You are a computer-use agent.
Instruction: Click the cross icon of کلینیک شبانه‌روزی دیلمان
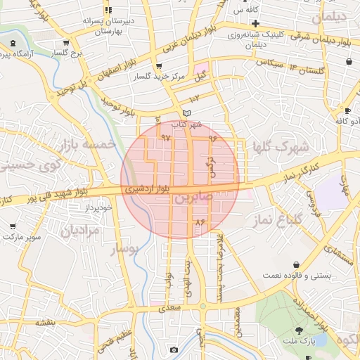click(x=256, y=24)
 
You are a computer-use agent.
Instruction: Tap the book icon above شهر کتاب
click(x=186, y=112)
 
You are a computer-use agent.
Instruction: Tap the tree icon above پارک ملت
click(x=300, y=330)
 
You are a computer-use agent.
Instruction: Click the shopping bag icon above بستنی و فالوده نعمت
click(x=296, y=265)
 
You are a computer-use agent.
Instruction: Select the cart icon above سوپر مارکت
click(x=13, y=226)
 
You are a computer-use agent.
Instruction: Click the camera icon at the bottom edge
click(x=174, y=349)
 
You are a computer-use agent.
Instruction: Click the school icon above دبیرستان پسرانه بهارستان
click(x=108, y=11)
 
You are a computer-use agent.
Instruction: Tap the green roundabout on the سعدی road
click(x=202, y=306)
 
